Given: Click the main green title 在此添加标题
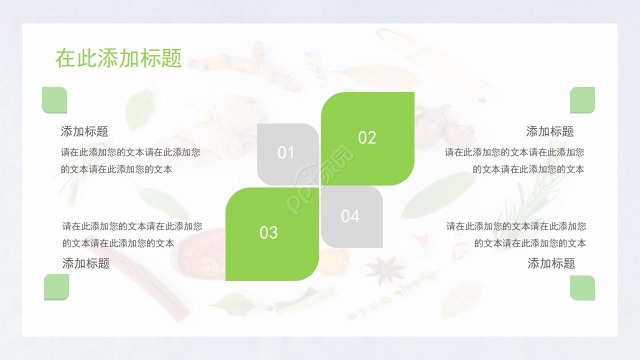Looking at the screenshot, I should click(118, 58).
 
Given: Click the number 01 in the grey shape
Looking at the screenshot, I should click(286, 153).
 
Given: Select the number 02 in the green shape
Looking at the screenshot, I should click(367, 138).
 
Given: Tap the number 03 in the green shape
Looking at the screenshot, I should click(268, 233).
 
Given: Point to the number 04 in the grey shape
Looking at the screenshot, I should click(350, 216).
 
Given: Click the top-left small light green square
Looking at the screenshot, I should click(54, 100).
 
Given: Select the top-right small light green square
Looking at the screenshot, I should click(582, 100).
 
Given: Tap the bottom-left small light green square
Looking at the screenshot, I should click(56, 287).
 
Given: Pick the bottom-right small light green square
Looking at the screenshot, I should click(582, 288).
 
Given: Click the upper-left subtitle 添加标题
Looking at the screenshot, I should click(84, 131).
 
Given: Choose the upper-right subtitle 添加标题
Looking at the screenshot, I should click(549, 131).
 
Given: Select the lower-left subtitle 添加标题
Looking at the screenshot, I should click(86, 263).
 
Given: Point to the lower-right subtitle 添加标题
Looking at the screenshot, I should click(551, 263).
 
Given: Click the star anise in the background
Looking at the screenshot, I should click(385, 268).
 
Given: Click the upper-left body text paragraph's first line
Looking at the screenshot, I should click(130, 152).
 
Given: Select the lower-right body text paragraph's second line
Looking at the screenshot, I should click(530, 243).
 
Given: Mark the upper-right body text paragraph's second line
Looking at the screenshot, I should click(528, 169).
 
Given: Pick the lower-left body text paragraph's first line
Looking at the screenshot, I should click(132, 226).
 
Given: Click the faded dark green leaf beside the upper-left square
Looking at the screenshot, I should click(139, 108).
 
